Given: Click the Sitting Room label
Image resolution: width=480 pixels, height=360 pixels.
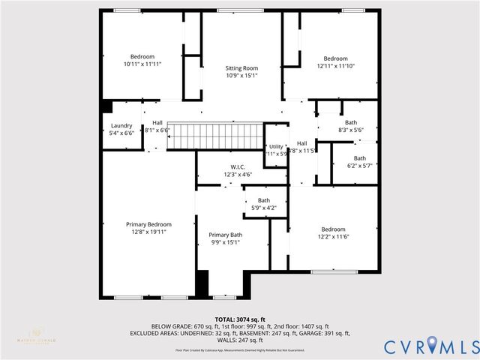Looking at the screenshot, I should tap(241, 68).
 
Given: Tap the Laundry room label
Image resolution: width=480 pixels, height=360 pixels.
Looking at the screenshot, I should tap(121, 126).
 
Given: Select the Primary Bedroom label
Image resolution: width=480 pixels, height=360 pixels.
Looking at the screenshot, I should tap(148, 224).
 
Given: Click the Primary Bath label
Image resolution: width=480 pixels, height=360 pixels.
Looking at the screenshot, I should tap(225, 235).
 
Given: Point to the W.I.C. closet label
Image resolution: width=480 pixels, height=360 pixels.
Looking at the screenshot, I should tap(237, 166).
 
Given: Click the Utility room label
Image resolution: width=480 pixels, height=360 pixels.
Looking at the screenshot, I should tap(276, 146).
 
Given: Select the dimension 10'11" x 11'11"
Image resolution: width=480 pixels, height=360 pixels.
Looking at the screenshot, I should tap(142, 64).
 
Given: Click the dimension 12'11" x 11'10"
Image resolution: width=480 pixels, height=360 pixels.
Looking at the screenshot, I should tap(335, 66).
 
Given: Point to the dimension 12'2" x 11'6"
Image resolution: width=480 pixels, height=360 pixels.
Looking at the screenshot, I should tap(333, 237).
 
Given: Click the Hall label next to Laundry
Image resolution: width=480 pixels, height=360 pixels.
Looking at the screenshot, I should tap(157, 123).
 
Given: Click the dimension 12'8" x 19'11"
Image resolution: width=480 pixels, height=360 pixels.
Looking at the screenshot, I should tap(148, 232).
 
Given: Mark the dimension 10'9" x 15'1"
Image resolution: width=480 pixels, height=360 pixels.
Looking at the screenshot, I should tap(241, 76).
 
